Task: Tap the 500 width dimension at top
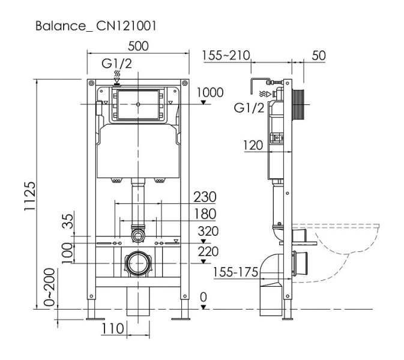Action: coord(138,47)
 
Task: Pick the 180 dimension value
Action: coord(205,214)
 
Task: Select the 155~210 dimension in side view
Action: coord(225,56)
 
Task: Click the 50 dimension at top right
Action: coord(319,56)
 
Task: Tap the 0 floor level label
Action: coord(204,296)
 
